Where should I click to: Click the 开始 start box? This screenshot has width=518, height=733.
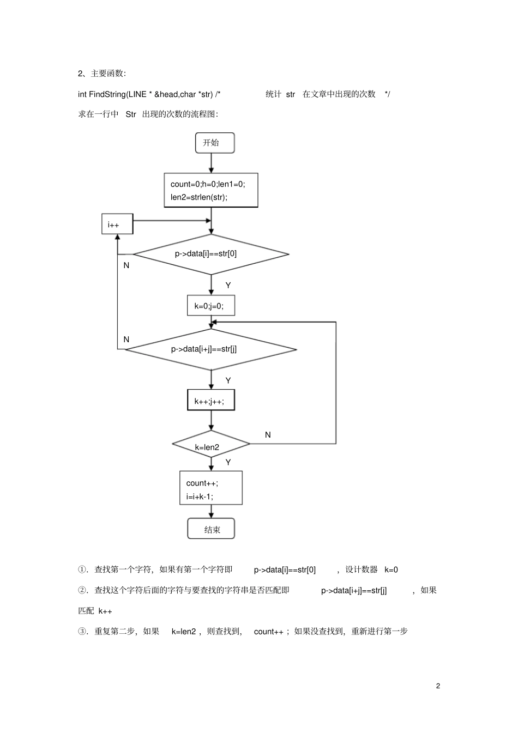pyautogui.click(x=214, y=143)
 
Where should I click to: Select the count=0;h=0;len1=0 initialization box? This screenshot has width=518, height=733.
pyautogui.click(x=210, y=190)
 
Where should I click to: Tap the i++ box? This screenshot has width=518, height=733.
pyautogui.click(x=117, y=224)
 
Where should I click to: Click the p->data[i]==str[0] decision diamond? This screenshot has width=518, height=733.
pyautogui.click(x=210, y=254)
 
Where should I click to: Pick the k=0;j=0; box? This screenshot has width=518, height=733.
pyautogui.click(x=210, y=306)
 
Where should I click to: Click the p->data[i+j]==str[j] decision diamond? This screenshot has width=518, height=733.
pyautogui.click(x=210, y=349)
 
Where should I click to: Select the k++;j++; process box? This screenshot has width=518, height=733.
pyautogui.click(x=210, y=401)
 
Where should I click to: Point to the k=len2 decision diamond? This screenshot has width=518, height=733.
pyautogui.click(x=210, y=445)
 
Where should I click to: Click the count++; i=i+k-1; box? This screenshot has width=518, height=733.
pyautogui.click(x=210, y=489)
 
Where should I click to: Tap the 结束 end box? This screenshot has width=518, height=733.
pyautogui.click(x=211, y=529)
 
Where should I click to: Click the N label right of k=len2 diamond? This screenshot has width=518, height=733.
pyautogui.click(x=268, y=435)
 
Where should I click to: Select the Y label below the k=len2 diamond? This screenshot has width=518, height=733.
pyautogui.click(x=228, y=462)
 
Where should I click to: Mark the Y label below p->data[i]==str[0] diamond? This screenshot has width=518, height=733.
pyautogui.click(x=228, y=285)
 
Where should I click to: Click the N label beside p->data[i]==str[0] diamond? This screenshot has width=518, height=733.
pyautogui.click(x=127, y=265)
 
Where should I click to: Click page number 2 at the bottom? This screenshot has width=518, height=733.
pyautogui.click(x=438, y=686)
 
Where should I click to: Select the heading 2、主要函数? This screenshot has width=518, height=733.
pyautogui.click(x=102, y=74)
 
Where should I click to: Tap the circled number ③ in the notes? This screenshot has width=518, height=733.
pyautogui.click(x=82, y=632)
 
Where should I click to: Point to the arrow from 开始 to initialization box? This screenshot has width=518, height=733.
pyautogui.click(x=211, y=163)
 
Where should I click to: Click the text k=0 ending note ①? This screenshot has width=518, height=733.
pyautogui.click(x=391, y=570)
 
